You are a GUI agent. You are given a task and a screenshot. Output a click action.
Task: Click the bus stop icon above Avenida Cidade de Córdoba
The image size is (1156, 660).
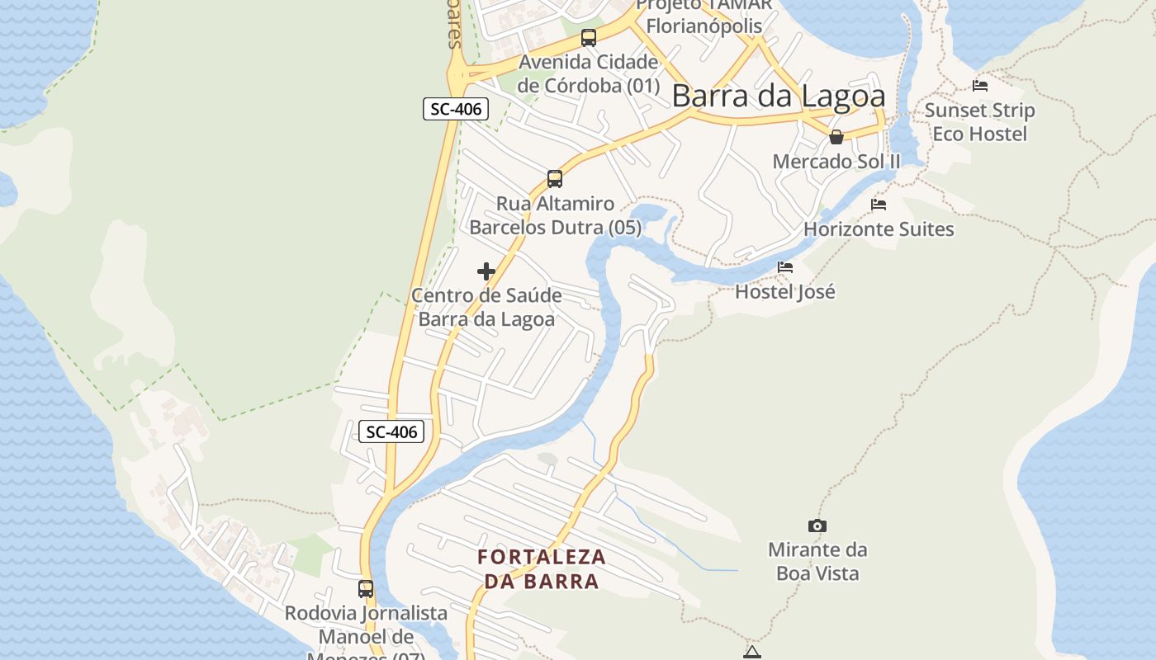click(589, 37)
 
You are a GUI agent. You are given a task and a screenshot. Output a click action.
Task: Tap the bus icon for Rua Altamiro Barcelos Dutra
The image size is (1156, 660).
click(555, 178)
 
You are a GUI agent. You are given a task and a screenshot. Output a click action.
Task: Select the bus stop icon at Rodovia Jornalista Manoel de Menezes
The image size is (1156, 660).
click(366, 588)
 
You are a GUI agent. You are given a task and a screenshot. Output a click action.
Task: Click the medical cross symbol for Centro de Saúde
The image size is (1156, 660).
click(486, 271)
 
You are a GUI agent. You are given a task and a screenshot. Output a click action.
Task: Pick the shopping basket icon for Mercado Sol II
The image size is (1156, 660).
click(836, 137)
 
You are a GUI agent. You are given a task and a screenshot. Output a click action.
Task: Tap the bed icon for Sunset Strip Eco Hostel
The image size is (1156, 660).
click(980, 85)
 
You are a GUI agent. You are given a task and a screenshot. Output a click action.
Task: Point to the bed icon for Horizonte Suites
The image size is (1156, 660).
click(879, 204)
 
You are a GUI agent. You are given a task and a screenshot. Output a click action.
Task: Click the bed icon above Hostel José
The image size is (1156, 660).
click(785, 266)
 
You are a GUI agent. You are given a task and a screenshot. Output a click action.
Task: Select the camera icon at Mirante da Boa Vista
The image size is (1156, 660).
click(817, 526)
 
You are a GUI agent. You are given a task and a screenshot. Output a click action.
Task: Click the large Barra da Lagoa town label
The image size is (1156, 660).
click(779, 96)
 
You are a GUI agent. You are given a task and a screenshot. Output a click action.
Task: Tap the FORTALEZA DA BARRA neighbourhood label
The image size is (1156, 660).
click(542, 568)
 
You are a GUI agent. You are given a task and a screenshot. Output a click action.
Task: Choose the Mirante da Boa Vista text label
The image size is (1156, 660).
click(817, 561)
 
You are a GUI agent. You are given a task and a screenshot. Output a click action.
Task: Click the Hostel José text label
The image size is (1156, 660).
click(785, 291)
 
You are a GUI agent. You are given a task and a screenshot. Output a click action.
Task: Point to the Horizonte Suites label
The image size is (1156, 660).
click(879, 229)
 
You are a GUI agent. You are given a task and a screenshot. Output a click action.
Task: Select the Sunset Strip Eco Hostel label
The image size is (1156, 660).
click(979, 122)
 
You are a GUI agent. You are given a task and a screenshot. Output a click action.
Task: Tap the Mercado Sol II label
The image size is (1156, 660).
click(836, 161)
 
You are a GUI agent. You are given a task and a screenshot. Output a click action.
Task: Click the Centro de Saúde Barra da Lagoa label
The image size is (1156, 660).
click(486, 307)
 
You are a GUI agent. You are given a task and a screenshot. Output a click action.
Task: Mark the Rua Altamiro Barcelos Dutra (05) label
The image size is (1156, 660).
click(555, 215)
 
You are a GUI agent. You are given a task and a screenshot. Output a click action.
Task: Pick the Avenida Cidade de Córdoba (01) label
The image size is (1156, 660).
click(589, 73)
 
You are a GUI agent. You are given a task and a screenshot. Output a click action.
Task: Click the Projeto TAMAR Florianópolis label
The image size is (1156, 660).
click(704, 15)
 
